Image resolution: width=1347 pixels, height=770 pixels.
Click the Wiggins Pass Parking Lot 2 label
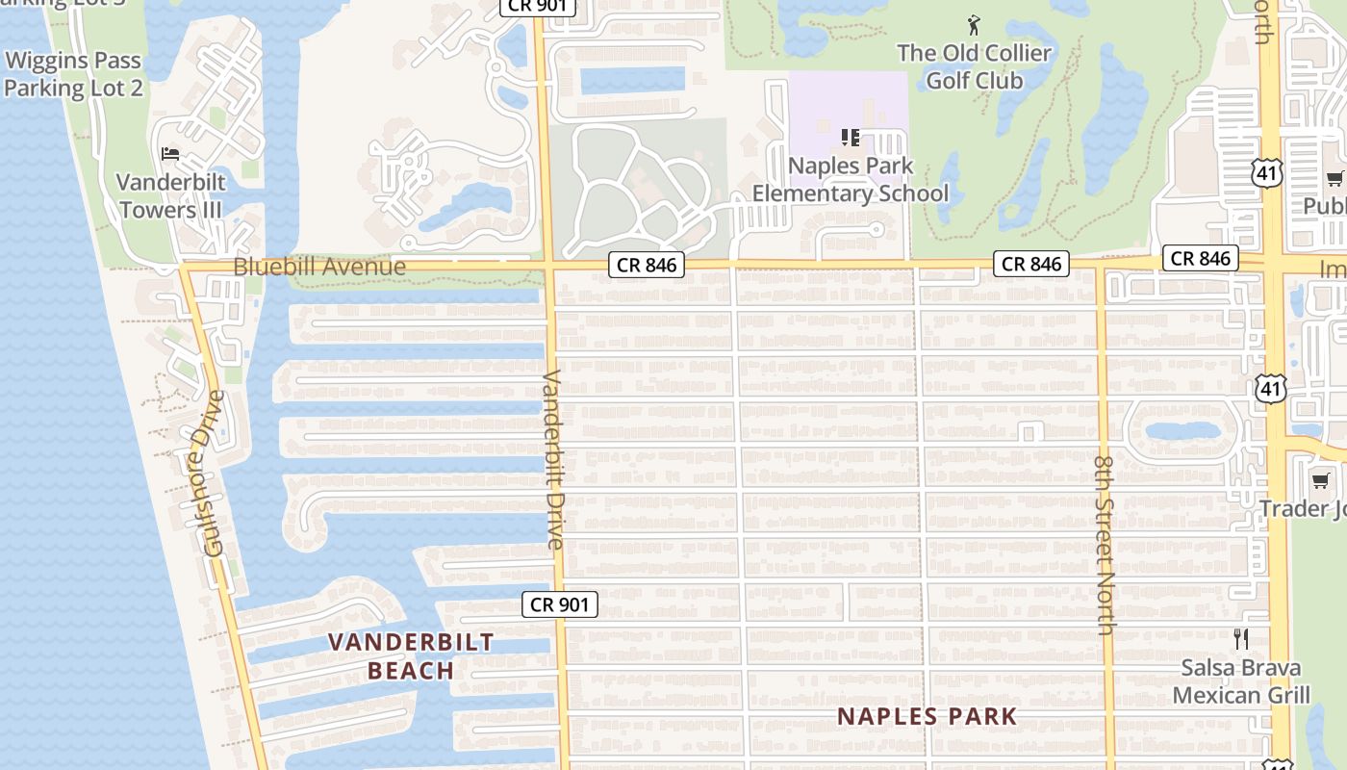coord(74,74)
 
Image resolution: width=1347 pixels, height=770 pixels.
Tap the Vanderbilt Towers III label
coord(171,195)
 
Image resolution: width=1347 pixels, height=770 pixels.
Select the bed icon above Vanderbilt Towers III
coord(170,154)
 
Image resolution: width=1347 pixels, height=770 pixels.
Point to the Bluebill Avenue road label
coord(319,267)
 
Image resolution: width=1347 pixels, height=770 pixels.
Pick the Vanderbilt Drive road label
coord(552,459)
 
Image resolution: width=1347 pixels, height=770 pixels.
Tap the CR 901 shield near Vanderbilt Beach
coord(560,604)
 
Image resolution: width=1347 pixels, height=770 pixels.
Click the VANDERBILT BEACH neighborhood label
coord(411,656)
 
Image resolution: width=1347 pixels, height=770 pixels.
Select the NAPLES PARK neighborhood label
coord(927,716)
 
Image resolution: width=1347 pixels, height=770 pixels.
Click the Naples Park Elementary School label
coord(851,179)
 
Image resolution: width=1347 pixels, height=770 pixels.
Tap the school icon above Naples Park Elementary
coord(851,138)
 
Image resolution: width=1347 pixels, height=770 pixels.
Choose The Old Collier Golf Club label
coord(974,66)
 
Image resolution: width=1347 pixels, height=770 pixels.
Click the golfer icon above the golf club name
coord(974,25)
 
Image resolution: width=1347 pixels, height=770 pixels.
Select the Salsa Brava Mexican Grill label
coord(1241,681)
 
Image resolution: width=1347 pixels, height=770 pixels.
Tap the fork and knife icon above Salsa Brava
coord(1241,638)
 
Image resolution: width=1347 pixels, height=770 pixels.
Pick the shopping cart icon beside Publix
coord(1334,178)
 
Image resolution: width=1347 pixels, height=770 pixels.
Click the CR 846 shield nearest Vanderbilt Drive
coord(647,265)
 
